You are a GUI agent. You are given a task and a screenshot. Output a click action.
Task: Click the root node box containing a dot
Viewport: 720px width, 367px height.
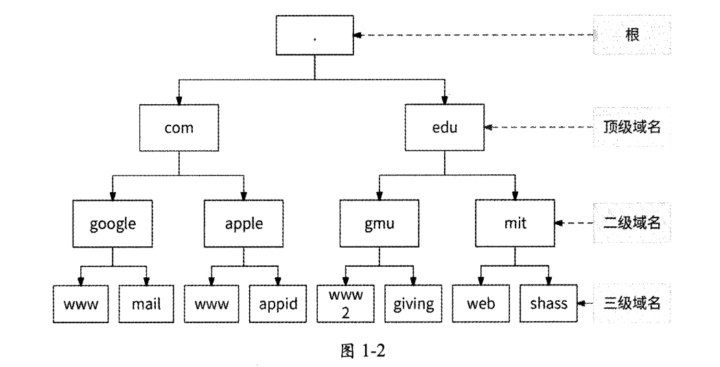(x=314, y=36)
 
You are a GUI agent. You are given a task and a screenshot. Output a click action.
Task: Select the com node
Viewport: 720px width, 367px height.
(x=178, y=128)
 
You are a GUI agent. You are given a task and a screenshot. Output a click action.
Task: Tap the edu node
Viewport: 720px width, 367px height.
(x=444, y=128)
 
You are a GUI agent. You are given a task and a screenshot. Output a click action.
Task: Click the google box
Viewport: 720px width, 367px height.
(x=113, y=224)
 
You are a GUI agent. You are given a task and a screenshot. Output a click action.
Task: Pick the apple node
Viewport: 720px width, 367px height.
(x=244, y=224)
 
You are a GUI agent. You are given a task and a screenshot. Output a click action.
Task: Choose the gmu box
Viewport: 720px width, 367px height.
(x=378, y=224)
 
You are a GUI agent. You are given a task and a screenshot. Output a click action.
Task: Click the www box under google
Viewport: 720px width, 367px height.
(x=81, y=303)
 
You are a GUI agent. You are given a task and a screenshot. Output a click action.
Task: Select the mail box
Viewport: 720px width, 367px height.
(x=146, y=303)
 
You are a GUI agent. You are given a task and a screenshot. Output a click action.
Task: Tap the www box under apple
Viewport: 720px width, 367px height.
(x=211, y=303)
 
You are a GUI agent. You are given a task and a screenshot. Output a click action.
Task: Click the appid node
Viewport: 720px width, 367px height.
(x=277, y=303)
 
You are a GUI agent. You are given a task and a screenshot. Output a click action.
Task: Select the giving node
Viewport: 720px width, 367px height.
(x=413, y=303)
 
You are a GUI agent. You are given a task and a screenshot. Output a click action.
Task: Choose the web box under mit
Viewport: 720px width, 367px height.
(x=480, y=303)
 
